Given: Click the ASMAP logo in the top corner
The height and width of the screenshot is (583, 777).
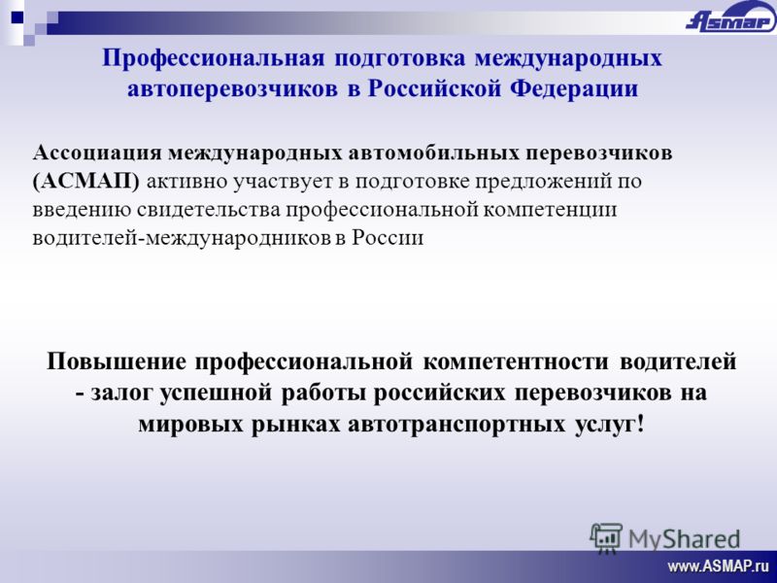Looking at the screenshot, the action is (730, 18).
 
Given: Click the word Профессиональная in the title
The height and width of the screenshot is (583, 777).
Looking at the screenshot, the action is (213, 58).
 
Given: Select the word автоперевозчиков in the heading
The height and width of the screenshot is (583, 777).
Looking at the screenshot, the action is (232, 89).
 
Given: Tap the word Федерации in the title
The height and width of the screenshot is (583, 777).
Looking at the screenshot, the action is (574, 89).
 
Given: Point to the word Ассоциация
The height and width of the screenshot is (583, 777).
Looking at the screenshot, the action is (97, 154).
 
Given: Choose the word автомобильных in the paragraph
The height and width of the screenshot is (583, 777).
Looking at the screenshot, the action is (433, 153).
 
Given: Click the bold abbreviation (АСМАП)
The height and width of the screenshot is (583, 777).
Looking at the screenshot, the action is (86, 182).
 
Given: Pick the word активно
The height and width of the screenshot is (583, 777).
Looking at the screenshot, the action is (187, 182).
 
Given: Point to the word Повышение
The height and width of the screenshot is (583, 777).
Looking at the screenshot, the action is (117, 361).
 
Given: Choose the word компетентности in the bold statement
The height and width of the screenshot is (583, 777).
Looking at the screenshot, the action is (516, 362).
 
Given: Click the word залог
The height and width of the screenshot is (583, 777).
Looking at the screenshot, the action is (123, 394).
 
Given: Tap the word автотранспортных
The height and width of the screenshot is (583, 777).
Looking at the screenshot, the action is (456, 425).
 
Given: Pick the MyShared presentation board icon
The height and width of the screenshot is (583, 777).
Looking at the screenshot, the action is (606, 538).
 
